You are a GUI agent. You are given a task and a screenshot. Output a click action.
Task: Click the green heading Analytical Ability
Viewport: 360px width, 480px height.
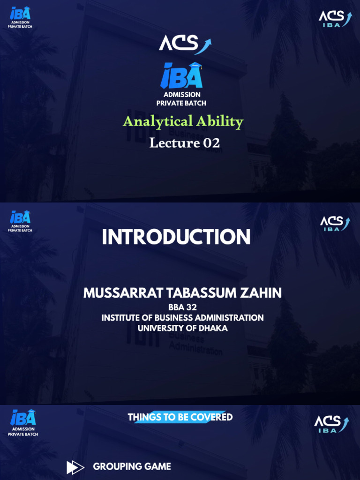tap(183, 121)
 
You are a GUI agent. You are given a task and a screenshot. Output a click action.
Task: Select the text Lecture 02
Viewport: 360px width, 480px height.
tap(184, 142)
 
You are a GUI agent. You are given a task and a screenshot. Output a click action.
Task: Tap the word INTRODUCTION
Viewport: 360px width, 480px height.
tap(176, 237)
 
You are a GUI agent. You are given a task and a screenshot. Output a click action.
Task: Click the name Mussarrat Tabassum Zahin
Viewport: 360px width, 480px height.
tap(182, 293)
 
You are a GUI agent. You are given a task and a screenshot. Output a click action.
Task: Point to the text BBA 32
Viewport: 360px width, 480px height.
tap(182, 307)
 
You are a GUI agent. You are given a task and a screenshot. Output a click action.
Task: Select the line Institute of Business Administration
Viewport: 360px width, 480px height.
tap(182, 318)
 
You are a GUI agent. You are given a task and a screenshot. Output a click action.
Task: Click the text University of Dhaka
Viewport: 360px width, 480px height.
tap(182, 328)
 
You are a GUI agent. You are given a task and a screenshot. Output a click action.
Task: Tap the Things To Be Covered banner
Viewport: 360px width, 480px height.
tap(180, 417)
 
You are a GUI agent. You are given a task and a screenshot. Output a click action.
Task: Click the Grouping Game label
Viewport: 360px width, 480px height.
tap(132, 466)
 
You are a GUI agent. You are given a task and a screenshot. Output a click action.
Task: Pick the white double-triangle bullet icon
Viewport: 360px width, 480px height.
tap(75, 467)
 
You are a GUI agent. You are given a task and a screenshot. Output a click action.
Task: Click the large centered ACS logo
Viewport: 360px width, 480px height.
tap(185, 45)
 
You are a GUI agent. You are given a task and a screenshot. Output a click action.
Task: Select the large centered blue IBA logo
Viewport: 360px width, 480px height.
tap(181, 76)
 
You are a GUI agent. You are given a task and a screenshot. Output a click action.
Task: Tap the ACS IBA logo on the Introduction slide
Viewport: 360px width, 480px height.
tap(335, 224)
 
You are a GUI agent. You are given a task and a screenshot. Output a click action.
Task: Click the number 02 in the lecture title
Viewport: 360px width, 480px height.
tap(211, 142)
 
